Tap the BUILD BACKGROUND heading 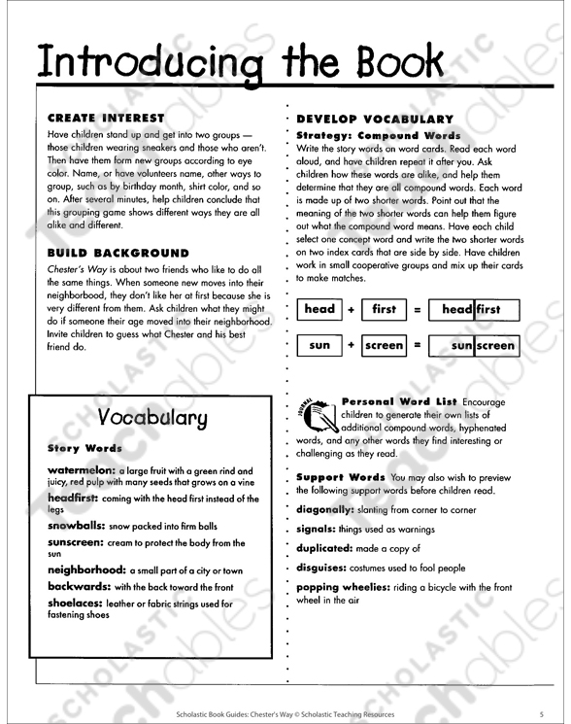[x=118, y=253]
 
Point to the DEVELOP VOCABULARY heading [x=375, y=119]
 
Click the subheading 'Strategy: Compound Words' [x=379, y=135]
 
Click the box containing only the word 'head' [x=319, y=310]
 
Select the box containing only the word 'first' [x=384, y=310]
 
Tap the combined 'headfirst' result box [x=473, y=310]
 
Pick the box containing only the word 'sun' [x=319, y=345]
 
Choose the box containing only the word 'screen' [x=384, y=345]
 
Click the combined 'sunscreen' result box [x=473, y=345]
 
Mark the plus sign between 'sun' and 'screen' [x=351, y=345]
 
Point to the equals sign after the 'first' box [x=417, y=310]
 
